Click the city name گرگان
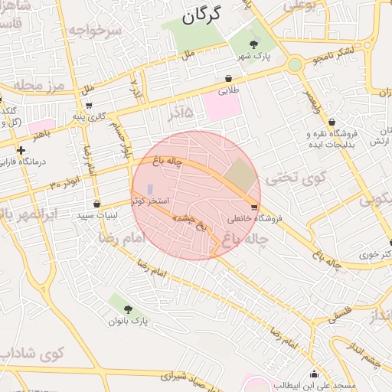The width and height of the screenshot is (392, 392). coord(202,14)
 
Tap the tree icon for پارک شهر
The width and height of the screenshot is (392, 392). coord(254,43)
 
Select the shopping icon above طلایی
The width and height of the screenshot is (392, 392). coord(229,78)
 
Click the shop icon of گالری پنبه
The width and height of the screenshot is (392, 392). coord(90,106)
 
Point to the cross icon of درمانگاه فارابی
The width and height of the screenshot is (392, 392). coord(21,150)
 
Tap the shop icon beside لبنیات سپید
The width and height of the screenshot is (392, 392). coord(96,204)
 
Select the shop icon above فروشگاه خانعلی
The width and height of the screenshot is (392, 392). coord(254,207)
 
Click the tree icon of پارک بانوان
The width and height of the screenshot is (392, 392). coord(128,310)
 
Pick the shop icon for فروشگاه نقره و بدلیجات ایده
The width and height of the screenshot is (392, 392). coord(332,122)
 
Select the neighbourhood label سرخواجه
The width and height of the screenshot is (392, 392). coord(94,31)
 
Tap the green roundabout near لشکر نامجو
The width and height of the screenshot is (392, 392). coord(295,65)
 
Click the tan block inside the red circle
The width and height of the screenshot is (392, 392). coord(240,175)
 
